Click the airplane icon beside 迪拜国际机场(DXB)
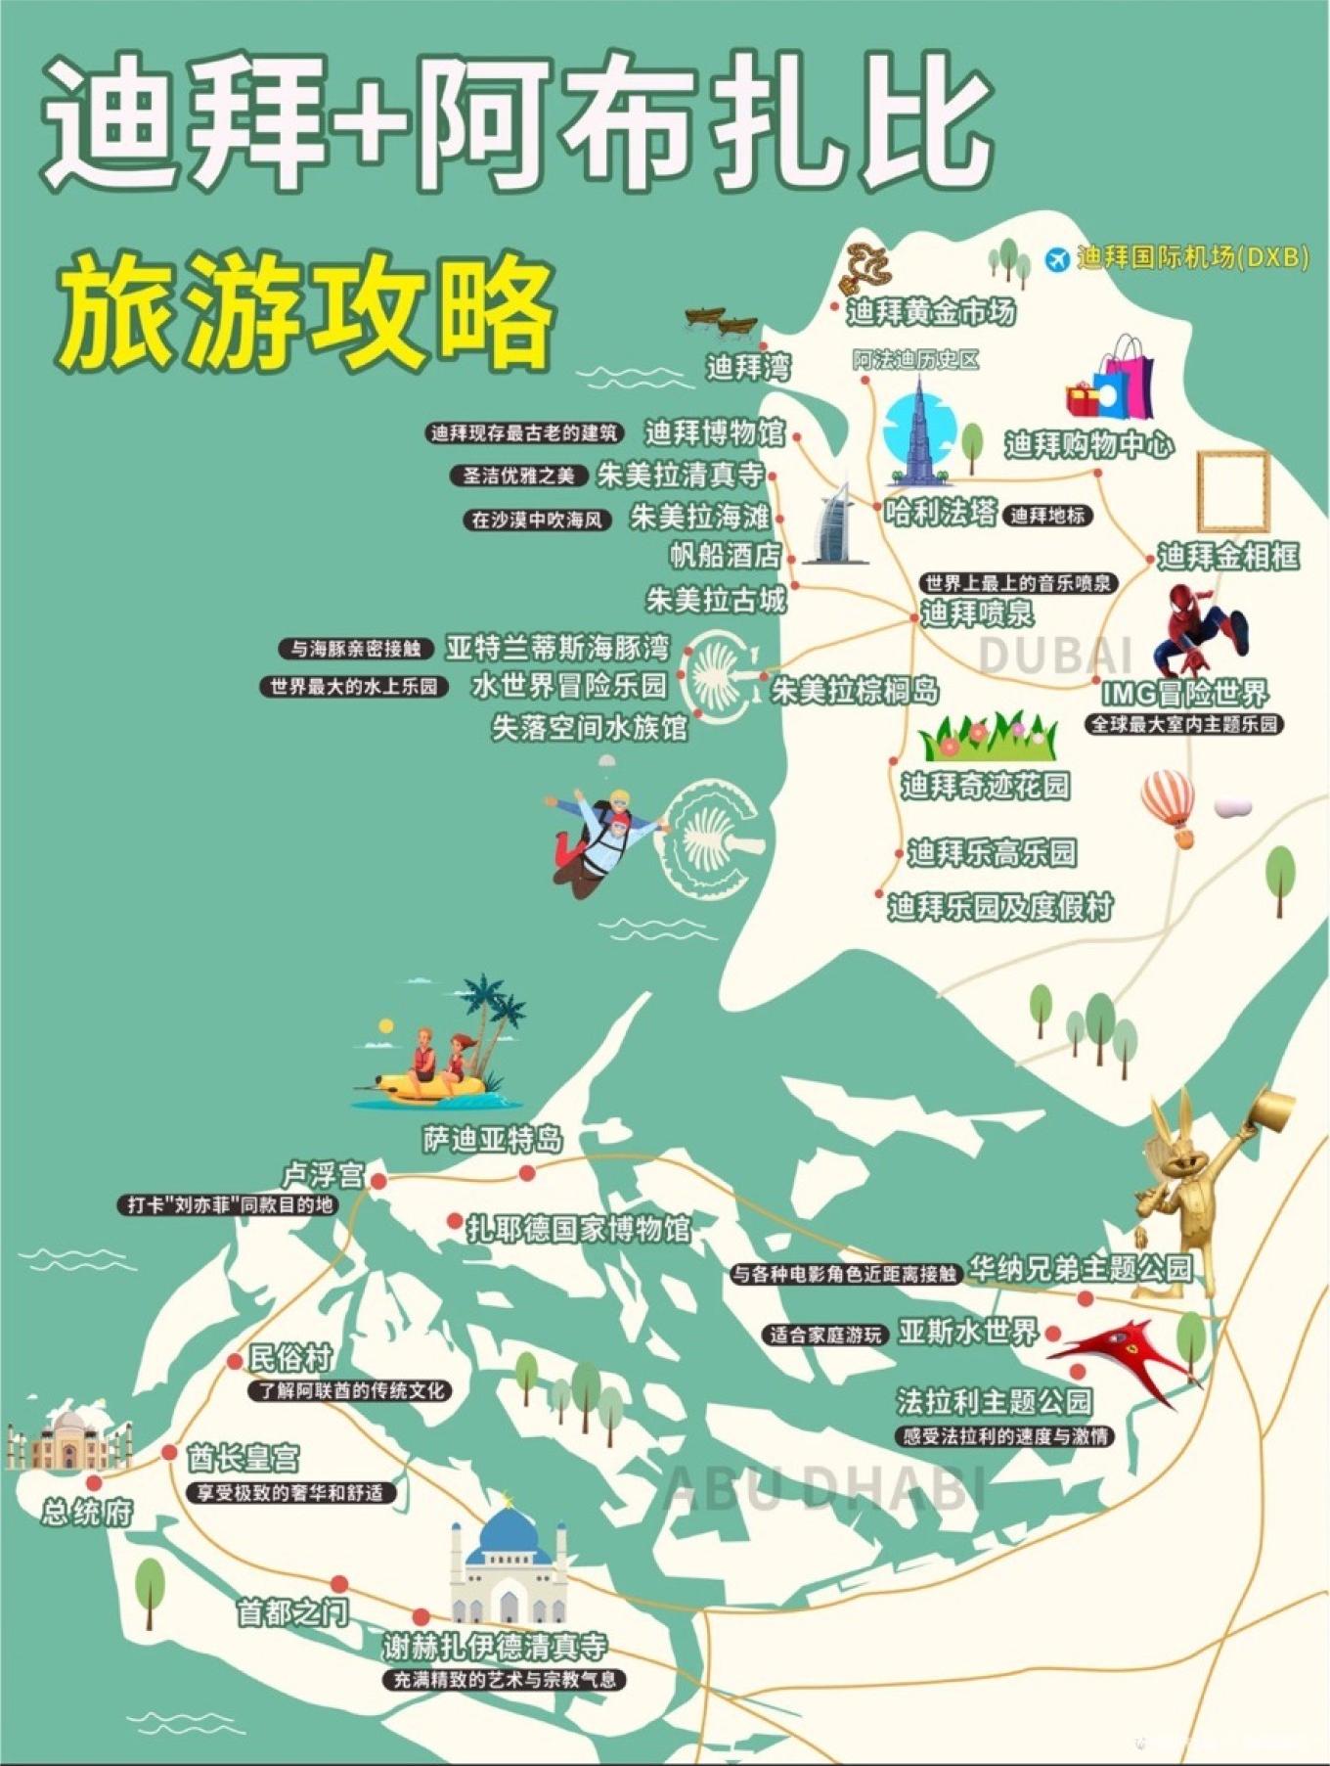pyautogui.click(x=1056, y=259)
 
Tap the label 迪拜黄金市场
pyautogui.click(x=930, y=312)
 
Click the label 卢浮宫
pyautogui.click(x=323, y=1175)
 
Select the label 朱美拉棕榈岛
pyautogui.click(x=855, y=691)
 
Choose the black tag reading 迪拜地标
pyautogui.click(x=1047, y=516)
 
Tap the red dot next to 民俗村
pyautogui.click(x=235, y=1361)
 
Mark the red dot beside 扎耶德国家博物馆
pyautogui.click(x=455, y=1221)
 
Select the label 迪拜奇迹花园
pyautogui.click(x=985, y=786)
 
